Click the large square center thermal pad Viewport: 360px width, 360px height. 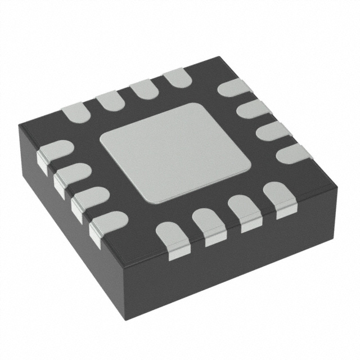pyautogui.click(x=175, y=152)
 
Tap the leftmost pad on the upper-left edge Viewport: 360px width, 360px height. pyautogui.click(x=75, y=113)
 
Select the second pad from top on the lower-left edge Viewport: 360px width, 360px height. pyautogui.click(x=71, y=175)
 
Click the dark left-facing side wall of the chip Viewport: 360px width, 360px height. pyautogui.click(x=67, y=225)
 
